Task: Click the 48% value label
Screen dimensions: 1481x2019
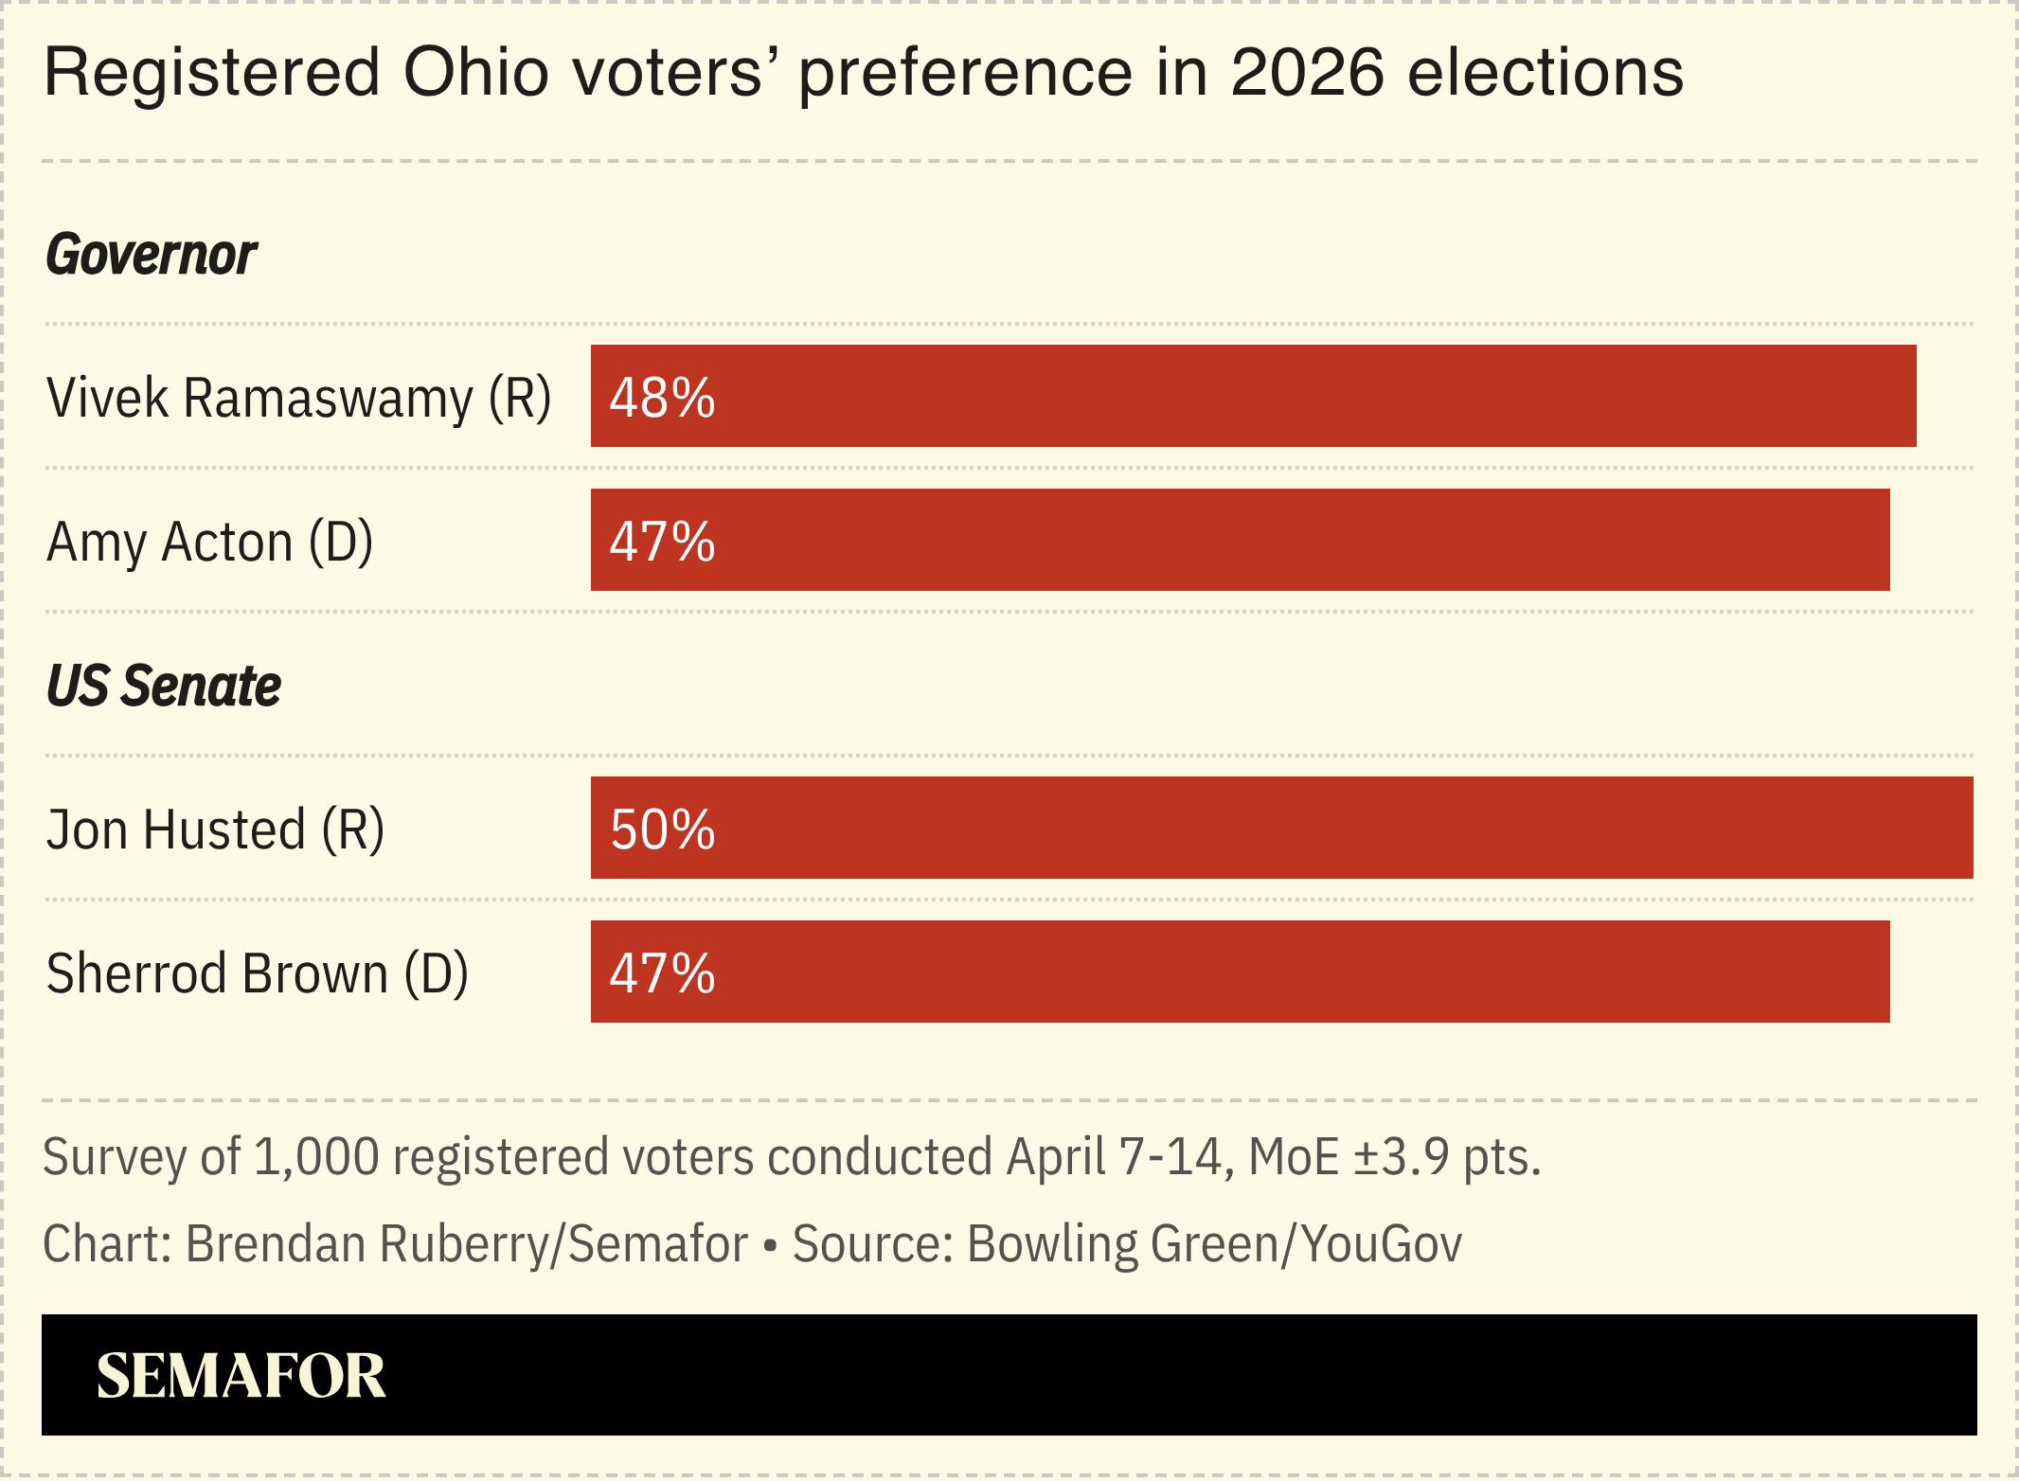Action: (662, 398)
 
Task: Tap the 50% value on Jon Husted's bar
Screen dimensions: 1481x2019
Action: (662, 830)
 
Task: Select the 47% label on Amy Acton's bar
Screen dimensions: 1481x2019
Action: (662, 542)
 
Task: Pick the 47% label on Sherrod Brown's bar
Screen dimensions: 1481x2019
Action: (662, 973)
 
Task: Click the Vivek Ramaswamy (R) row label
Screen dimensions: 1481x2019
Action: (298, 398)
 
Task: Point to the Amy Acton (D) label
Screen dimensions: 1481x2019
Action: (209, 543)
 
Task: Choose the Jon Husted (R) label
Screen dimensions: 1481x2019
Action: (215, 830)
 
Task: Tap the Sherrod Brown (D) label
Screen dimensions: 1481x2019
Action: (257, 973)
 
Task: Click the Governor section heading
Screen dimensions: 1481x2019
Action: (152, 255)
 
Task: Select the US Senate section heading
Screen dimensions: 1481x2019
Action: (164, 686)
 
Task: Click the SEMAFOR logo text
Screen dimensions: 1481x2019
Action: (241, 1376)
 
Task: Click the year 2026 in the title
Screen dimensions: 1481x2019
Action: (1307, 73)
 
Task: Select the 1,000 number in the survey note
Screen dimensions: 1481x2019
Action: (316, 1157)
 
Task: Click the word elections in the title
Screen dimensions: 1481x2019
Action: (1546, 73)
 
